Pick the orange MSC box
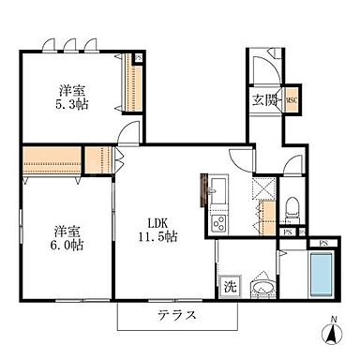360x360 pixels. [x=291, y=102]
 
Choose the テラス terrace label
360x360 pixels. [x=176, y=315]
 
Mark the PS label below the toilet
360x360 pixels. [x=290, y=232]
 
